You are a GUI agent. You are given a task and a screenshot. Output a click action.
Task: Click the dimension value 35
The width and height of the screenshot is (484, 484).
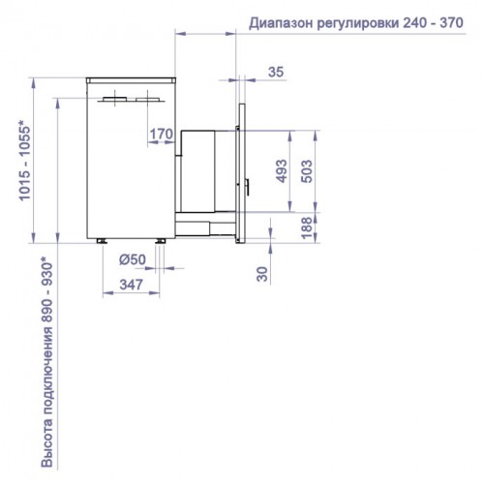click(275, 72)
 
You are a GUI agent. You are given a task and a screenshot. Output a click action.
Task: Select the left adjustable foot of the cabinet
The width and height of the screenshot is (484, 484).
click(103, 237)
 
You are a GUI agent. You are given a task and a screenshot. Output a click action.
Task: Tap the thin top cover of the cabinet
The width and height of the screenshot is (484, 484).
click(130, 77)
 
